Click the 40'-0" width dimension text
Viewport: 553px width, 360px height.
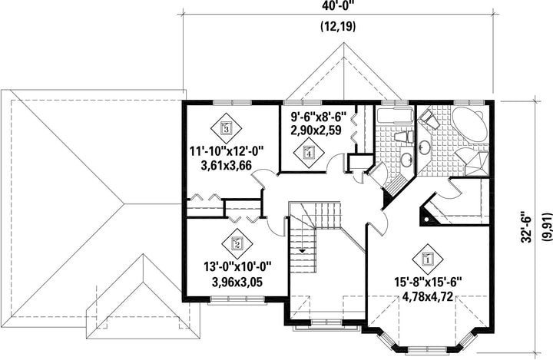pyautogui.click(x=338, y=5)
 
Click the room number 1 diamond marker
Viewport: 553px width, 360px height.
pyautogui.click(x=428, y=259)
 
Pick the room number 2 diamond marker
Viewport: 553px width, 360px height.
pyautogui.click(x=237, y=243)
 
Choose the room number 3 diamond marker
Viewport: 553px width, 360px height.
pyautogui.click(x=227, y=128)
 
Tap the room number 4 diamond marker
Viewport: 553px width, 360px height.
pyautogui.click(x=310, y=153)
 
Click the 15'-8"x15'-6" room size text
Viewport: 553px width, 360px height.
pyautogui.click(x=428, y=282)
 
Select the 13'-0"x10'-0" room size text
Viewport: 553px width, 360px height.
pyautogui.click(x=237, y=267)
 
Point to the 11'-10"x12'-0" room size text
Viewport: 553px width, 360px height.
pyautogui.click(x=227, y=152)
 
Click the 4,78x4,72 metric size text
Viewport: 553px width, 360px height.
pyautogui.click(x=428, y=297)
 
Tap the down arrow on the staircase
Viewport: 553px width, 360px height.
pyautogui.click(x=303, y=251)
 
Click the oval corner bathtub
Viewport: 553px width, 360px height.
pyautogui.click(x=470, y=124)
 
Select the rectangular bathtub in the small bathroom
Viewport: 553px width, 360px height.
pyautogui.click(x=394, y=115)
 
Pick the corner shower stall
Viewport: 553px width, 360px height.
pyautogui.click(x=475, y=163)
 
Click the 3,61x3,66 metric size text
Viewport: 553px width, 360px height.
pyautogui.click(x=226, y=165)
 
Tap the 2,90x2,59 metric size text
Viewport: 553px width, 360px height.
pyautogui.click(x=316, y=130)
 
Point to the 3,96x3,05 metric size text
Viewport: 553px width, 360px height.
pyautogui.click(x=237, y=282)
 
